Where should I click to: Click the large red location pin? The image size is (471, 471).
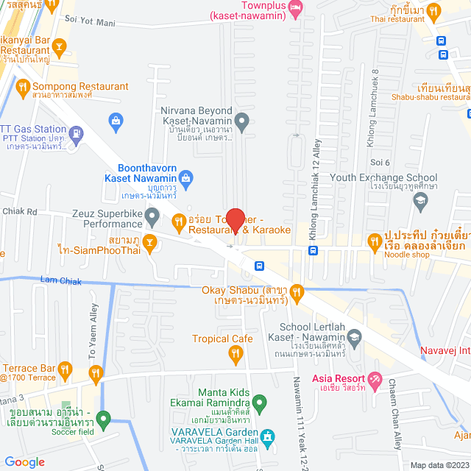[x=235, y=221]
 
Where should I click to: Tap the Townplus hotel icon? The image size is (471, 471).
[x=296, y=7]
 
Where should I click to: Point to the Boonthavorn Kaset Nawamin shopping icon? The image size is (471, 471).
[x=186, y=177]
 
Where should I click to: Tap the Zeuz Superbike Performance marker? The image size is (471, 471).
[x=152, y=216]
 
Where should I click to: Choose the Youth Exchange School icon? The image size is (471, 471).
[x=420, y=199]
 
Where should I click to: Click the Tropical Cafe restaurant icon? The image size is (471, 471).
[x=235, y=355]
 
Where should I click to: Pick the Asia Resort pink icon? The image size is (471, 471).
[x=375, y=379]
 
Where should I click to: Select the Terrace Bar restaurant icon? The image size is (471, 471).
[x=65, y=369]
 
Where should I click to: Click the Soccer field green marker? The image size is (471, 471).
[x=104, y=420]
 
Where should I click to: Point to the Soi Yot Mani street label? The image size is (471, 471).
[x=91, y=23]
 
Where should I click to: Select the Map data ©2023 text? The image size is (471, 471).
[x=438, y=465]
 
